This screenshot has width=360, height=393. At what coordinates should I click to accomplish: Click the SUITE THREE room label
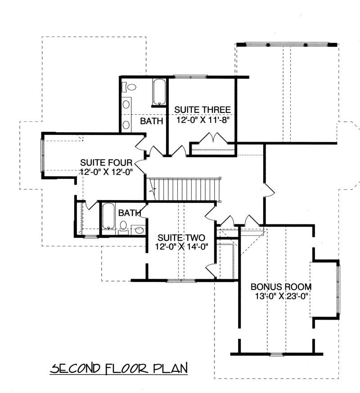pos(202,110)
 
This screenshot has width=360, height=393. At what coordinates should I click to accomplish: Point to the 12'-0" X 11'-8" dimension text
pos(202,120)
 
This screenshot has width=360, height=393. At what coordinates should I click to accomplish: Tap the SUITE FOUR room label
pos(106,162)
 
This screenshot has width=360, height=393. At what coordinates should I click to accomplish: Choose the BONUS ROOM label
pos(275,286)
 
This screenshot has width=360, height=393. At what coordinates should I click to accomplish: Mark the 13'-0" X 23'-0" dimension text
pos(276,296)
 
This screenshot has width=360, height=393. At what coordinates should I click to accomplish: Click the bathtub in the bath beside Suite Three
pos(159,93)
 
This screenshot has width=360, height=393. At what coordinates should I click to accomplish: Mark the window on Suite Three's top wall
pos(190,77)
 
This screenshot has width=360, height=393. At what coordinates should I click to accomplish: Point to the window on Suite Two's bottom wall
pos(182,281)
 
